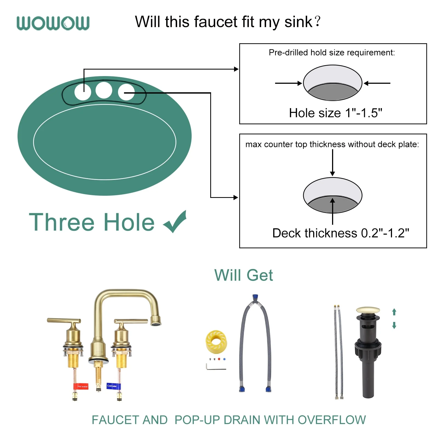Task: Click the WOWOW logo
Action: [53, 23]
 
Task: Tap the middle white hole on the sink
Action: [104, 90]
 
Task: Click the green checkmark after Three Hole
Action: [175, 221]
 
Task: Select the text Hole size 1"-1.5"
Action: [336, 113]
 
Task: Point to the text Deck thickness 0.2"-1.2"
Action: [341, 233]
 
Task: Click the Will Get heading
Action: [244, 275]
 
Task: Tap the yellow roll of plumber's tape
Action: [216, 341]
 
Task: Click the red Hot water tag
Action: [81, 386]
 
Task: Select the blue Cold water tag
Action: [113, 386]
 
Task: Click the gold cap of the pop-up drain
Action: [368, 310]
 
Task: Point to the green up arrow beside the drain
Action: [394, 312]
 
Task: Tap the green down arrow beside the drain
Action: [394, 325]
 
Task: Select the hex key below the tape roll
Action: [216, 367]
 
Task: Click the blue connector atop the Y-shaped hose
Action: [255, 298]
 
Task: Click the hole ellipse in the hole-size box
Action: [333, 83]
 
